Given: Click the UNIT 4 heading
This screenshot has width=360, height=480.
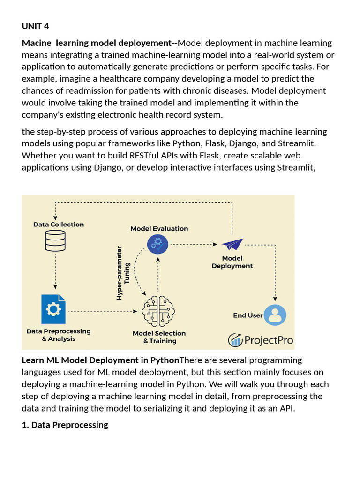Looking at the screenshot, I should click(x=36, y=25).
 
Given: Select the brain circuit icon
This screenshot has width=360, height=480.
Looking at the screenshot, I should click(x=159, y=311).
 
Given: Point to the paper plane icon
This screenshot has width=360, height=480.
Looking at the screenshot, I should click(x=232, y=244).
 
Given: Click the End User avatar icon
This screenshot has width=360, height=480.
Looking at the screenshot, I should click(x=275, y=315).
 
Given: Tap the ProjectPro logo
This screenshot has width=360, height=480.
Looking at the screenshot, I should click(x=261, y=339).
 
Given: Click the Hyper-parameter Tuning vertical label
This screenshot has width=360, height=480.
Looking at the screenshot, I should click(x=123, y=272).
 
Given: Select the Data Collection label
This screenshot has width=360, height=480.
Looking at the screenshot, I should click(x=59, y=225).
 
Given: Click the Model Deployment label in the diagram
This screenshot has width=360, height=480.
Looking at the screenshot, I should click(x=232, y=262).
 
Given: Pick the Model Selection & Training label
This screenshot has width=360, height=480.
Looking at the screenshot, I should click(x=159, y=337).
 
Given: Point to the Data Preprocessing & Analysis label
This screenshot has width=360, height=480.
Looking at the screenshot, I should click(x=59, y=335).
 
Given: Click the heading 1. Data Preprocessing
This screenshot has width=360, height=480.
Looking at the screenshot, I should click(x=65, y=425).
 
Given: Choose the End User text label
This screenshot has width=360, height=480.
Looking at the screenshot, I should click(x=248, y=315).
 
